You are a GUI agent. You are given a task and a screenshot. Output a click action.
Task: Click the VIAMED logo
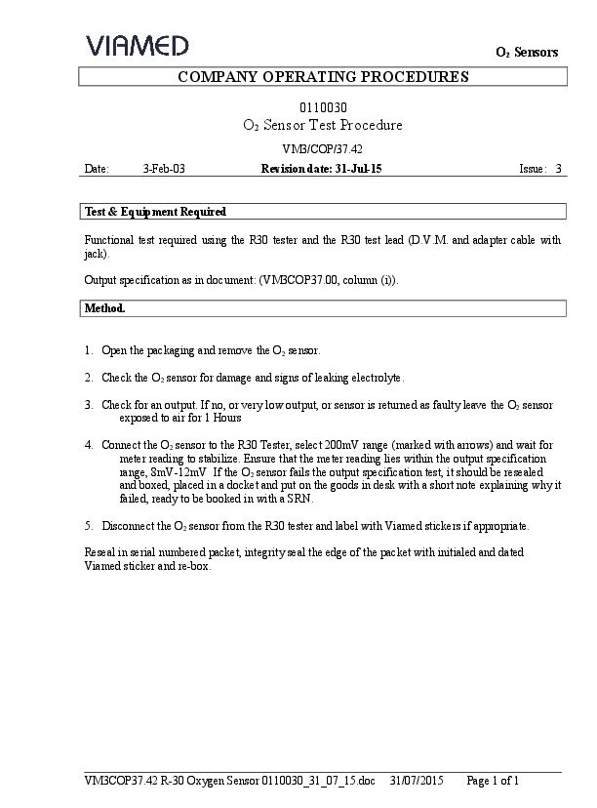click(x=137, y=45)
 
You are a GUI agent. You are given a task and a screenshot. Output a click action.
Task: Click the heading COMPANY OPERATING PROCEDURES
click(x=323, y=77)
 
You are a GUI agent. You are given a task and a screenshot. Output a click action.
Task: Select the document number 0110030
click(x=322, y=107)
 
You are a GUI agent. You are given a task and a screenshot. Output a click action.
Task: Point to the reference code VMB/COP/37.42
click(x=322, y=149)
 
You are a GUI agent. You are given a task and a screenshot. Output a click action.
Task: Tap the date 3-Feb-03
click(x=163, y=169)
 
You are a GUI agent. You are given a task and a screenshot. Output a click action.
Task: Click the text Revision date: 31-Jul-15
click(x=321, y=169)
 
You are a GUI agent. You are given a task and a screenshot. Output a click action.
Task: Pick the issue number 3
click(x=558, y=169)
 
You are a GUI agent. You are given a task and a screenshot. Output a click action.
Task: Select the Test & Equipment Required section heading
click(x=156, y=211)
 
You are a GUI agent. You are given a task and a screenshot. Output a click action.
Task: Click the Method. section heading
click(x=105, y=307)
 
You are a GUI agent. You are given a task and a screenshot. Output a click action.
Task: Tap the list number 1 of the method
click(x=89, y=349)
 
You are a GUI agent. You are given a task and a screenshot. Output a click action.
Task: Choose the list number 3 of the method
click(x=89, y=404)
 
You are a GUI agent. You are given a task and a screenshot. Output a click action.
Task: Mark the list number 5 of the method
click(x=89, y=526)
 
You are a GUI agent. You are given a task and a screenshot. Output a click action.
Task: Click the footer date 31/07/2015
click(x=417, y=781)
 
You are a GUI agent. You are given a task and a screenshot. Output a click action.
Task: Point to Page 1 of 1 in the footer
click(x=493, y=781)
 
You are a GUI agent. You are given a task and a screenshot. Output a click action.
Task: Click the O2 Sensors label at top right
click(x=527, y=52)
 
